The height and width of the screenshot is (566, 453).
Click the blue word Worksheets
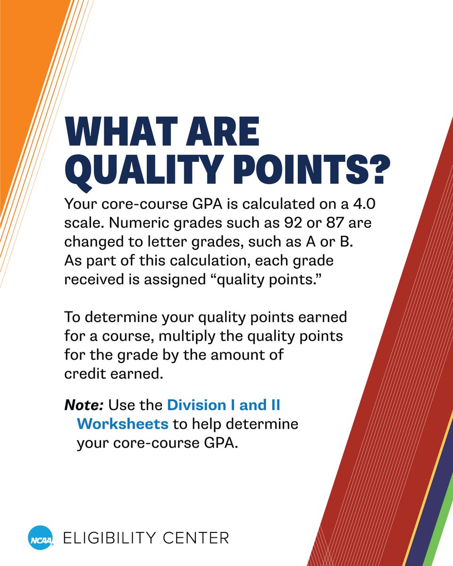coord(122,424)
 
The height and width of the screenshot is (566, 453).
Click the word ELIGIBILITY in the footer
coord(120,538)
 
